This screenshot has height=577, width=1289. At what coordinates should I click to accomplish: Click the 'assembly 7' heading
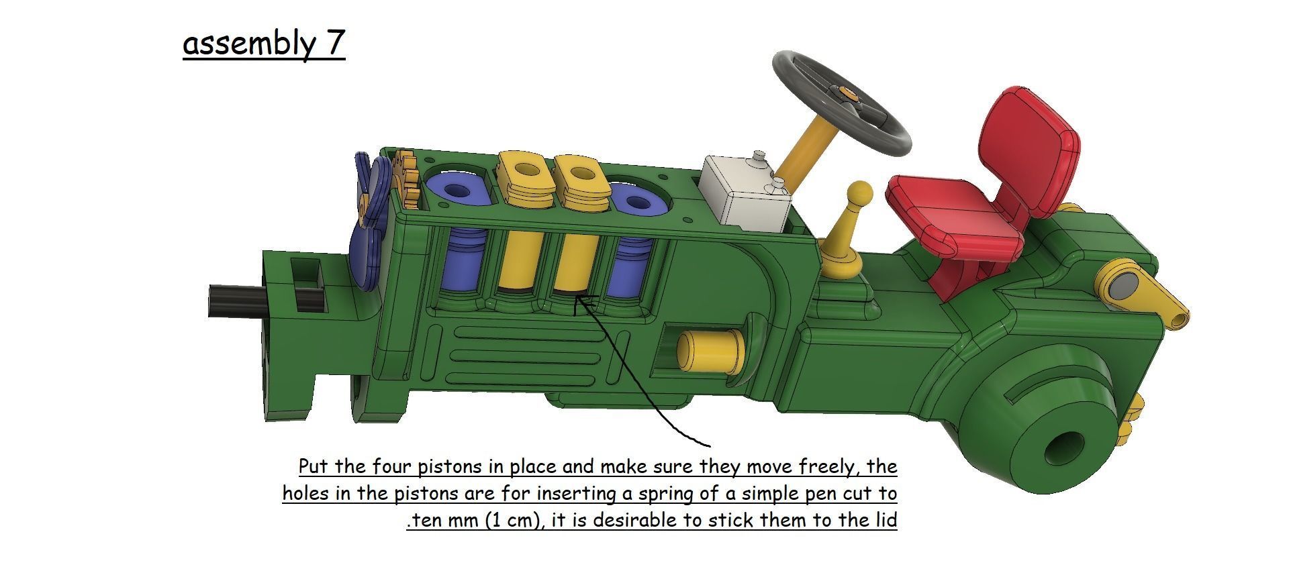click(264, 44)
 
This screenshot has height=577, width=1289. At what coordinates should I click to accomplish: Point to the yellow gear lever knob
click(859, 195)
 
